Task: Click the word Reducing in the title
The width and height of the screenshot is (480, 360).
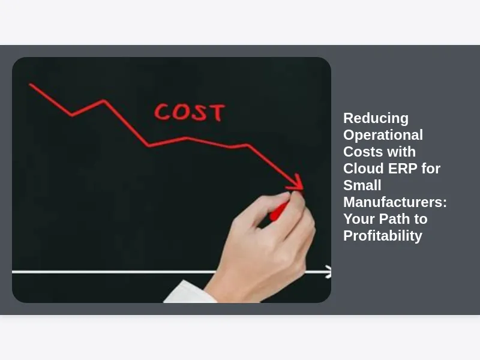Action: tap(376, 118)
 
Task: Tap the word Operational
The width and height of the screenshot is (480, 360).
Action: tap(383, 135)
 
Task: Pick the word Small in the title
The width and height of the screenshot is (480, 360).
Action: tap(362, 185)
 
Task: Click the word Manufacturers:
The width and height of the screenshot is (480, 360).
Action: tap(395, 202)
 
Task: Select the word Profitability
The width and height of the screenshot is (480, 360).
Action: tap(383, 236)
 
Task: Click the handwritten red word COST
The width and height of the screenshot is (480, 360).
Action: tap(190, 112)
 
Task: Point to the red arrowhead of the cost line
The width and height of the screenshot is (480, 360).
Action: tap(295, 182)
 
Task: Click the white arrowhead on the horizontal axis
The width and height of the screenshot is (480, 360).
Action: tap(328, 272)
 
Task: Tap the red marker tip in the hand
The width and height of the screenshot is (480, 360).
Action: tap(278, 212)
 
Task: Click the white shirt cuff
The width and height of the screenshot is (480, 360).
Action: tap(190, 292)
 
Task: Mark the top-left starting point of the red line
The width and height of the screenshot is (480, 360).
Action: tap(30, 84)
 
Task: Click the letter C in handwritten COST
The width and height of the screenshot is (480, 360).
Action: tap(161, 112)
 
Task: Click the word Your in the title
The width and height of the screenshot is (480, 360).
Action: tap(359, 219)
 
